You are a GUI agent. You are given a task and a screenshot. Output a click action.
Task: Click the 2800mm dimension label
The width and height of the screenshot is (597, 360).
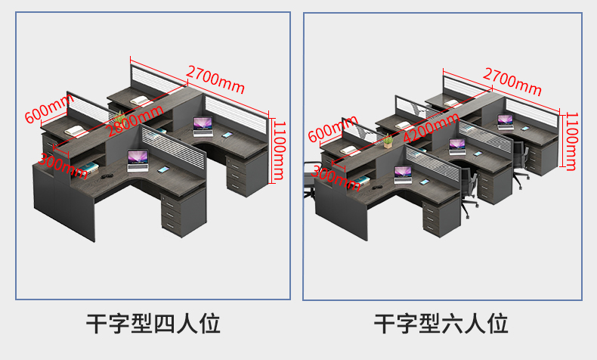[x=135, y=120]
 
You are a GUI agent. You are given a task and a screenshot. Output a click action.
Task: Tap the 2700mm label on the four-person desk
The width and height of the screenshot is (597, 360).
[x=215, y=79]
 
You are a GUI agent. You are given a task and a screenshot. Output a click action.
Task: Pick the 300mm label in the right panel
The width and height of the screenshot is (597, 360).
[x=336, y=178]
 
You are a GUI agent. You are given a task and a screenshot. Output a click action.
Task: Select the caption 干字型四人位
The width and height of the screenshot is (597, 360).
[x=153, y=324]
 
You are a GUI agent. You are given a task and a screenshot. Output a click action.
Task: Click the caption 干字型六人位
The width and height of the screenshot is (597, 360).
[x=441, y=324]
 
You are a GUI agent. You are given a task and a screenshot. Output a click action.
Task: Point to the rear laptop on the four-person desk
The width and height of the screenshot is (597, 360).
[x=203, y=125]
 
